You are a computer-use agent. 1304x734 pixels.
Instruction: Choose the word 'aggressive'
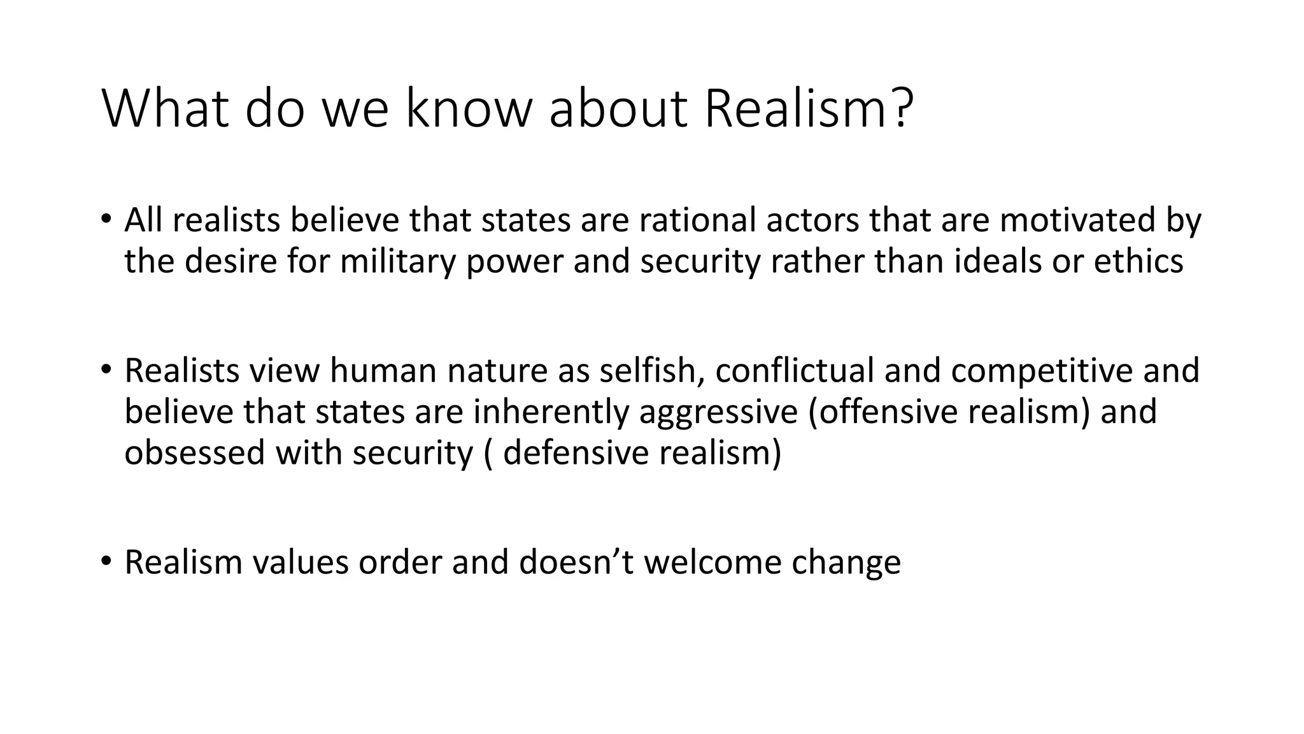click(718, 412)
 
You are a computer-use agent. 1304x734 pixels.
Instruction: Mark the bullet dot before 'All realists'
click(106, 220)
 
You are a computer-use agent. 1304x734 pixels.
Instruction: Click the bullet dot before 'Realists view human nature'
click(106, 370)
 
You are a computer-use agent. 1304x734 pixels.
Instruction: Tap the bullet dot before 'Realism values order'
click(106, 561)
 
